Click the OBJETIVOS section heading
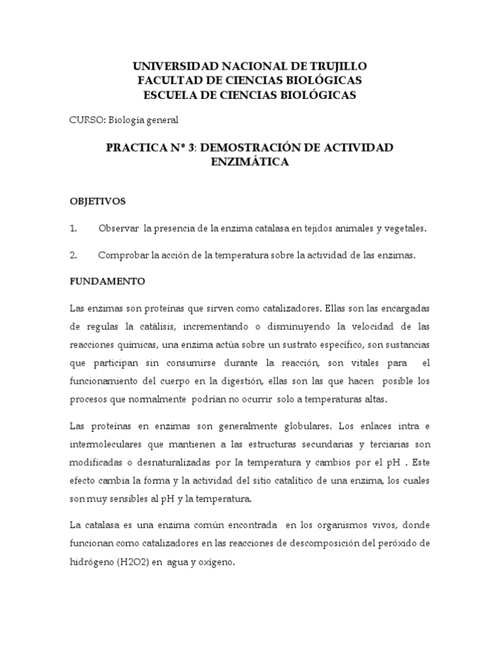tap(97, 202)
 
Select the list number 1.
tap(73, 229)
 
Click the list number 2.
tap(73, 256)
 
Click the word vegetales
tap(405, 229)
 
